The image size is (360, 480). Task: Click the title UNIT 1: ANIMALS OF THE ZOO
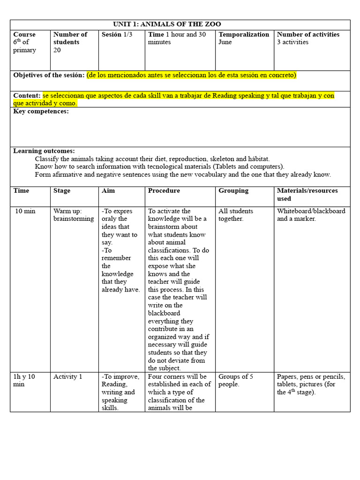[167, 24]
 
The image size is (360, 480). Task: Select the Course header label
[24, 35]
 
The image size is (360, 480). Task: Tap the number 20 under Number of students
[57, 50]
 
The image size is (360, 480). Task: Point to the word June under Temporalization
[225, 42]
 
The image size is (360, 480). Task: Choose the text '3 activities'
[292, 42]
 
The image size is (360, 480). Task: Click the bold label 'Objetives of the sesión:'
[49, 75]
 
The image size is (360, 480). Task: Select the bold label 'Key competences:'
[41, 112]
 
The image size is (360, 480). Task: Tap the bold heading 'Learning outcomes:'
[44, 151]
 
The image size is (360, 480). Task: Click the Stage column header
[62, 191]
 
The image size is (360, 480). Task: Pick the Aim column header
[108, 191]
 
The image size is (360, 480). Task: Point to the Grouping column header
[233, 191]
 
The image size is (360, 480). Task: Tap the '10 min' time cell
[25, 211]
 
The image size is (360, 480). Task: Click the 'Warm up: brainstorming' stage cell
[73, 215]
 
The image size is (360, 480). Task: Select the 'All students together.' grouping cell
[236, 215]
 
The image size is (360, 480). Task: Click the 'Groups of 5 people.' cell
[236, 381]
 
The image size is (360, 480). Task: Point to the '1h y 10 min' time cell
[24, 381]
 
